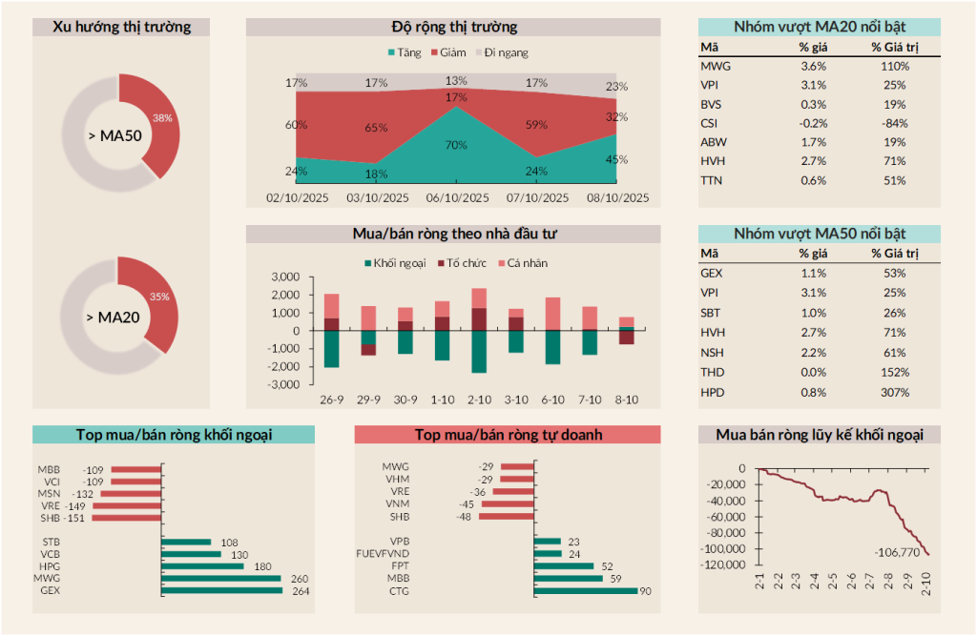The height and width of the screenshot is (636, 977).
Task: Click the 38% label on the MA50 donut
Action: [162, 118]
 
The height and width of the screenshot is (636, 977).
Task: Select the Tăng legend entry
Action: [405, 53]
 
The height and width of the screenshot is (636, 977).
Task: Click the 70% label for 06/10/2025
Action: [456, 145]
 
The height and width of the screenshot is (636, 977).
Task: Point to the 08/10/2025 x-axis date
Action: [616, 198]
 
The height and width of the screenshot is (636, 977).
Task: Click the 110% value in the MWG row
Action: [895, 66]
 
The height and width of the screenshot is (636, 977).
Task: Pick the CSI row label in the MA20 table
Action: [710, 123]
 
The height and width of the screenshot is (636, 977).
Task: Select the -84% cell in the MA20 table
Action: [895, 123]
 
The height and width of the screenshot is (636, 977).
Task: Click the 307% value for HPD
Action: [895, 392]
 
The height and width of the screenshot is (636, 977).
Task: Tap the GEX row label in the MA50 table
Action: [712, 273]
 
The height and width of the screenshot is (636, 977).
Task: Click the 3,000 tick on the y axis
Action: [285, 277]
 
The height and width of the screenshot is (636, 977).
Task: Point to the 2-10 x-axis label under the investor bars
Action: [479, 399]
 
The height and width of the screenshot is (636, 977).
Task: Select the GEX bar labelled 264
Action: [222, 590]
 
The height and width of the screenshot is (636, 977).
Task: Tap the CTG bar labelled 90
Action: [585, 590]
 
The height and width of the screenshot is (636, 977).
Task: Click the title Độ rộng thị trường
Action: [454, 27]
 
